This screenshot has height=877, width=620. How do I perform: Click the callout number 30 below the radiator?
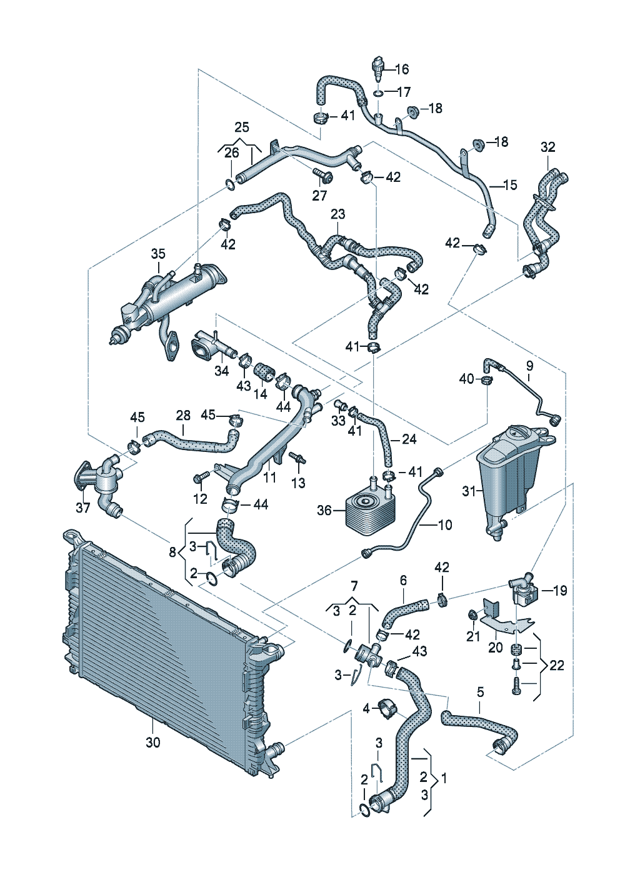(152, 742)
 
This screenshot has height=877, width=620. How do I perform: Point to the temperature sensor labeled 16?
(377, 66)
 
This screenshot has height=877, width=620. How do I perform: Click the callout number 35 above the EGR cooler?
(158, 254)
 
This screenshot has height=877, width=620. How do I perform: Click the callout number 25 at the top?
(241, 128)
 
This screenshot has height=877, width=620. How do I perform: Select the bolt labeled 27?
(322, 174)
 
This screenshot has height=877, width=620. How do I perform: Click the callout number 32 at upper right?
(547, 148)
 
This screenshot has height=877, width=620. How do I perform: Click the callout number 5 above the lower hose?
(480, 692)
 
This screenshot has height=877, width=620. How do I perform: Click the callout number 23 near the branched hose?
(337, 214)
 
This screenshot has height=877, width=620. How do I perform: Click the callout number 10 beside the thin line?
(444, 524)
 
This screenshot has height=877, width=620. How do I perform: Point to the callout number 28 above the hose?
(182, 414)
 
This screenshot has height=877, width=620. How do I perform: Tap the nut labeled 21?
(472, 618)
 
